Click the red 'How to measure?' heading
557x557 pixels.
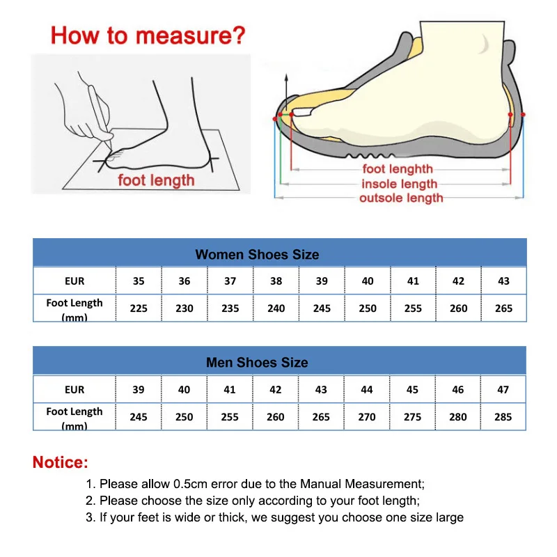(148, 35)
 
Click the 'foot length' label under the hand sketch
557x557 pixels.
(156, 181)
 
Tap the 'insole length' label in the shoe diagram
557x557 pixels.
(399, 185)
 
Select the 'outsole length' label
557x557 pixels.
(401, 198)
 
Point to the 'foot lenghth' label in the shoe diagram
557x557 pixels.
(398, 169)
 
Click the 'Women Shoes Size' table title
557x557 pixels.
(257, 254)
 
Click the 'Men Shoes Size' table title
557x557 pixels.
(257, 363)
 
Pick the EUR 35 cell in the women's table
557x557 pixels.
(139, 281)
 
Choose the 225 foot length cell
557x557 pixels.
(139, 308)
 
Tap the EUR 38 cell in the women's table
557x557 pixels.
(276, 281)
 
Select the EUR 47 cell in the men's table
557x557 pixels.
(503, 390)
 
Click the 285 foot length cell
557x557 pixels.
(503, 417)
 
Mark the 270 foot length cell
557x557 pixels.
(367, 417)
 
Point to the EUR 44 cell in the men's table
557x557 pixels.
(367, 390)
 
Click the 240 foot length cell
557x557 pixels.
(276, 308)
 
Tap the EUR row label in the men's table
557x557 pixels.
(74, 390)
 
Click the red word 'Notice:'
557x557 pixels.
(61, 462)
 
